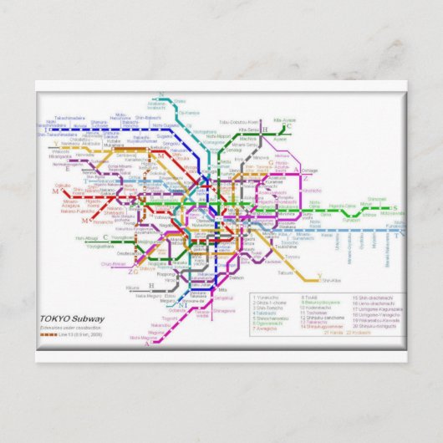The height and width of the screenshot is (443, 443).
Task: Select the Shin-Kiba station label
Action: point(332,280)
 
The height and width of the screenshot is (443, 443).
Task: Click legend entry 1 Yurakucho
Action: point(267,297)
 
